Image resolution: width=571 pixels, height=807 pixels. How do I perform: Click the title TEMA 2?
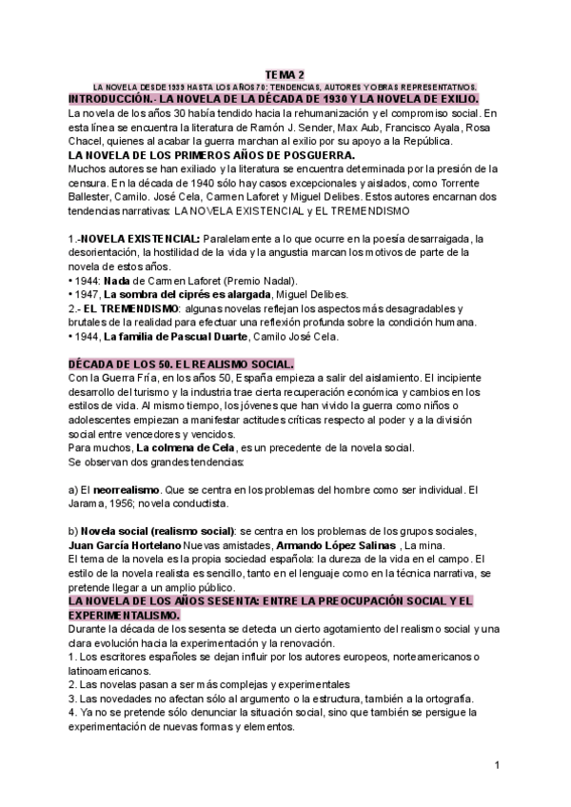[285, 74]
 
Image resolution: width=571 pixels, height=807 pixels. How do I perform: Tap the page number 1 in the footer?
[498, 764]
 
